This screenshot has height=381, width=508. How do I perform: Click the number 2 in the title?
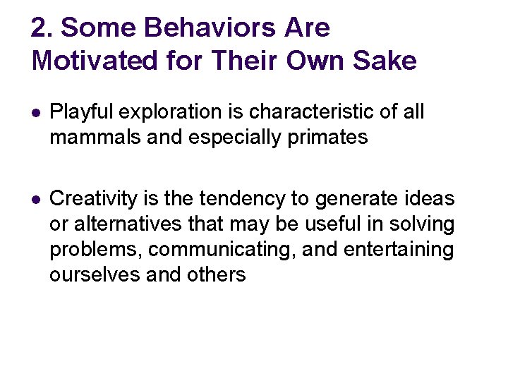pyautogui.click(x=40, y=28)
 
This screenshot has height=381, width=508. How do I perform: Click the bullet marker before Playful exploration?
pyautogui.click(x=36, y=113)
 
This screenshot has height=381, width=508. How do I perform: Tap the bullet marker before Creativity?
pyautogui.click(x=36, y=200)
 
